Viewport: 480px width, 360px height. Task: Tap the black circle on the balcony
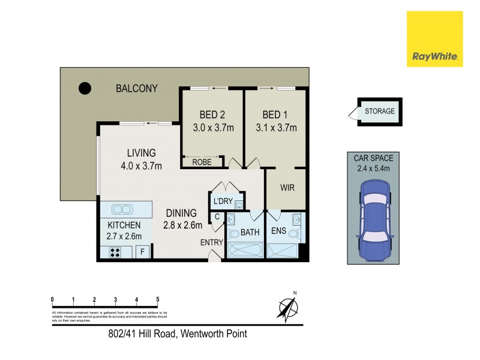coord(85,89)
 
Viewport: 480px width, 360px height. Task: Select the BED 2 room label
coord(213,115)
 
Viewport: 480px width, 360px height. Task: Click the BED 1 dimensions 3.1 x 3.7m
coord(276,127)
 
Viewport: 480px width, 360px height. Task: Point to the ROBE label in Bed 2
coord(202,162)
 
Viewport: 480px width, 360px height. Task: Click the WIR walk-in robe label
coord(287,188)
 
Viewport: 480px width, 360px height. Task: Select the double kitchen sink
coord(122,209)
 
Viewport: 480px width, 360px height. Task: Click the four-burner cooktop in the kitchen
coord(114,253)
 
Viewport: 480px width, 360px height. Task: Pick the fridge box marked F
coord(143,252)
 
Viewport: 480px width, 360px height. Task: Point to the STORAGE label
coord(380,111)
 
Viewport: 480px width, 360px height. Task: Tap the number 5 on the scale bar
coord(157,299)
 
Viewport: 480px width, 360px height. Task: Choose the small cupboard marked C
coord(216,217)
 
